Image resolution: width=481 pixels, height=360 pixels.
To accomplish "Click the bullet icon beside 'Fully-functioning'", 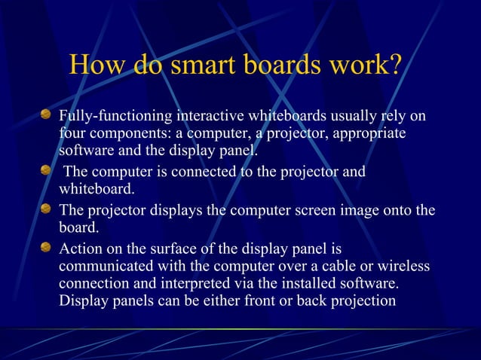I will coord(46,115).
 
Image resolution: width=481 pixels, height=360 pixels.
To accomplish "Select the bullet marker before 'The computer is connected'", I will coord(46,171).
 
